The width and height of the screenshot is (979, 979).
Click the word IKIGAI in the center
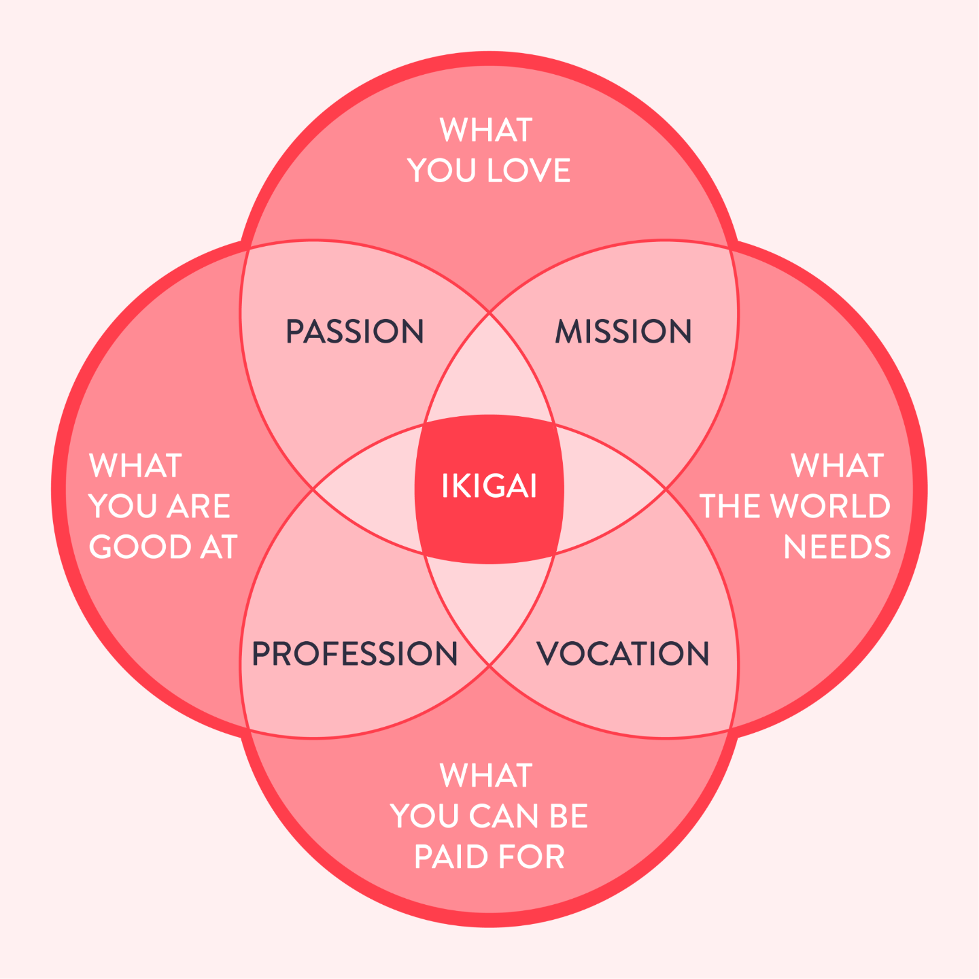coord(489,487)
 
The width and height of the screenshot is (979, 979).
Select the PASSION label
coord(354,332)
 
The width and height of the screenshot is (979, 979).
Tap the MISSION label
coord(623,332)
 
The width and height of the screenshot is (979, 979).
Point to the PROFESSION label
coord(354,654)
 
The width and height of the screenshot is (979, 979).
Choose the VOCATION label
coord(623,654)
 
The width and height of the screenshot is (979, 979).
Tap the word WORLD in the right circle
coord(830,506)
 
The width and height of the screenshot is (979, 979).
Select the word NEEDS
coord(837,547)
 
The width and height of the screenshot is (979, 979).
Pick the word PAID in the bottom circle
coord(446,857)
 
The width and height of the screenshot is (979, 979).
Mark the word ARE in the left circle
coord(199,506)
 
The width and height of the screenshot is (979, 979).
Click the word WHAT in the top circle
coord(486,131)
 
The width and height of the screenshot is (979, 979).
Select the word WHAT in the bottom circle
coord(486,776)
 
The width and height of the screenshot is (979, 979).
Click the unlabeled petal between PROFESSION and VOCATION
coord(489,605)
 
